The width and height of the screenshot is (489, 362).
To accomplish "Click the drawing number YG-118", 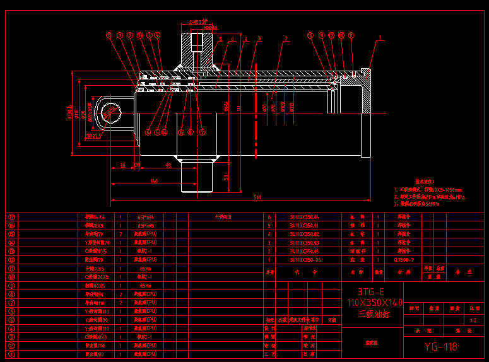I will pos(440,346).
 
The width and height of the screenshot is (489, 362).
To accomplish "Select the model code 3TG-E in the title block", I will pos(371,292).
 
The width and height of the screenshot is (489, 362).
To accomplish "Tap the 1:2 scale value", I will pos(473,321).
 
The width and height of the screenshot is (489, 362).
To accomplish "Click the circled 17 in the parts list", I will pos(11,216).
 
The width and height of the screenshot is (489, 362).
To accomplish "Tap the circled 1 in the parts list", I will pos(11,354).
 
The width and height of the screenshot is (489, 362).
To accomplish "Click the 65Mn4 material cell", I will pos(146,216).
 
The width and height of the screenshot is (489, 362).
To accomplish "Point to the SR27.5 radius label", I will pos(93,134).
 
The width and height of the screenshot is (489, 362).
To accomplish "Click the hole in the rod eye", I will pos(110,112).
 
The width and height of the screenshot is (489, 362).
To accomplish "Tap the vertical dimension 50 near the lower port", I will pos(226,177).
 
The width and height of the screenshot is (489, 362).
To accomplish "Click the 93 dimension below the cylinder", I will pos(168,165).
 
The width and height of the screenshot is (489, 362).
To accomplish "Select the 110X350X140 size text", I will pos(371,303).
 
